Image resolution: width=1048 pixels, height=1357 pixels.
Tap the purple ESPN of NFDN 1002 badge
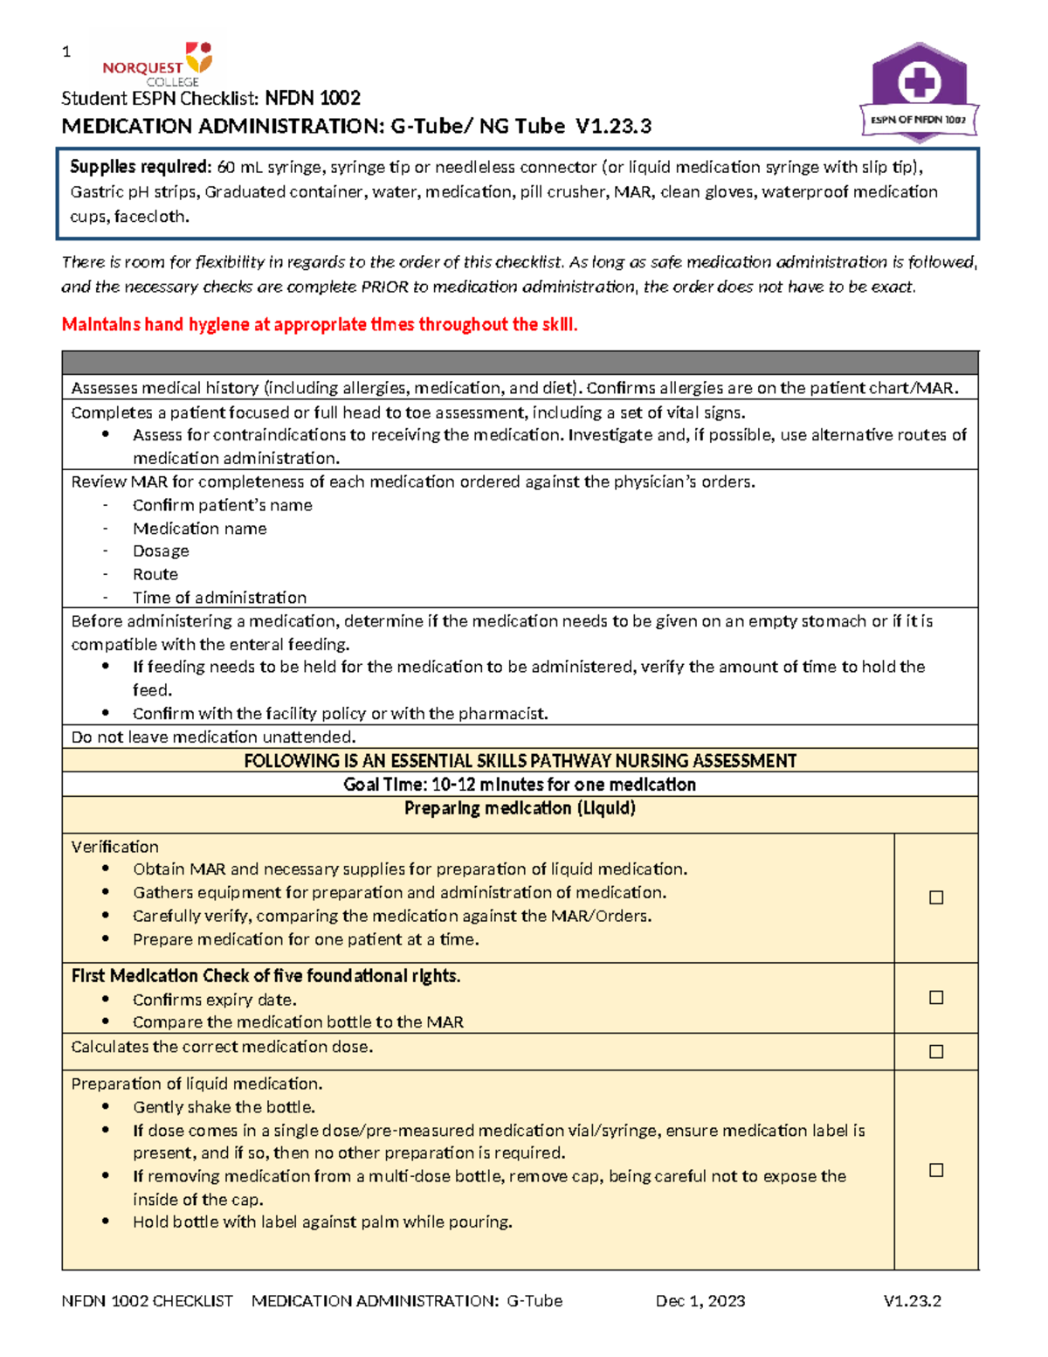pos(919,93)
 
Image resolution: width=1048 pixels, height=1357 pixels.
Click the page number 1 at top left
pos(66,52)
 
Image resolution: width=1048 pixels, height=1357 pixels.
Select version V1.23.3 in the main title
pos(613,127)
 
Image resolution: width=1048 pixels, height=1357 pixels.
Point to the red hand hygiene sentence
pos(320,325)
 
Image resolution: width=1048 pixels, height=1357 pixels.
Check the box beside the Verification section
pos(936,897)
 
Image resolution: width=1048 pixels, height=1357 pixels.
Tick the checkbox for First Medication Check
pos(936,997)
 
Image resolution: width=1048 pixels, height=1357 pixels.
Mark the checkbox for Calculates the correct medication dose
pos(936,1051)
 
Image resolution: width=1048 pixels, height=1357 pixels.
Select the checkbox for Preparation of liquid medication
pos(936,1170)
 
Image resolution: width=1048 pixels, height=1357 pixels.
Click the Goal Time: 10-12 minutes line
pos(520,785)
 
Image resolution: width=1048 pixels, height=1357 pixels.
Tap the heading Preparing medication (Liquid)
pos(520,808)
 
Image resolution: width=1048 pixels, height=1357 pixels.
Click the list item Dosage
pos(161,551)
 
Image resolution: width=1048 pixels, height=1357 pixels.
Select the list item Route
pos(155,575)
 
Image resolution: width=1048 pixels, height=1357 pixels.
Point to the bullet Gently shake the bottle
pos(224,1107)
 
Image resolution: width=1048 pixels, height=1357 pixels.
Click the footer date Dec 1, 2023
pos(700,1301)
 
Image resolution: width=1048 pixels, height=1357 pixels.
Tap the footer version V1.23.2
pos(912,1301)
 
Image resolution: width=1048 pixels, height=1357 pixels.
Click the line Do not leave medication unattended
pos(213,737)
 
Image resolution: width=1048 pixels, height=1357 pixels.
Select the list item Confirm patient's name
pos(222,505)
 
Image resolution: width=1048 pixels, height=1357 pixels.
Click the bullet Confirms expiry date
pos(214,1000)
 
